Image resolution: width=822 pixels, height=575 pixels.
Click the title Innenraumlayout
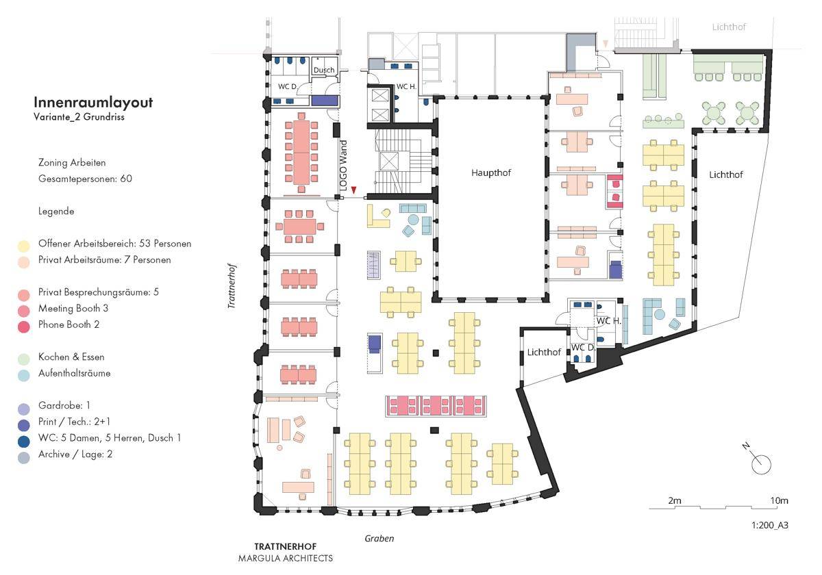tap(93, 102)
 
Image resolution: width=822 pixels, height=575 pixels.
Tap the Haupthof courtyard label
tap(491, 172)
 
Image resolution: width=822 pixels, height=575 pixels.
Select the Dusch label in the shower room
tap(324, 70)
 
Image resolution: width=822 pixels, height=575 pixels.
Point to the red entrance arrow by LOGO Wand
tap(353, 190)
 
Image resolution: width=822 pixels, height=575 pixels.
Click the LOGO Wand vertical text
tap(343, 166)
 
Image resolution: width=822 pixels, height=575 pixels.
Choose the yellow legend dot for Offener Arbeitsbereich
tap(24, 246)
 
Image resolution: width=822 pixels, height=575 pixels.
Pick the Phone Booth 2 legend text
tap(68, 324)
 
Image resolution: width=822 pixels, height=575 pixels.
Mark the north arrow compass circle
tap(761, 465)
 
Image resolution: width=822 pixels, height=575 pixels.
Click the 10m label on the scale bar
tap(779, 500)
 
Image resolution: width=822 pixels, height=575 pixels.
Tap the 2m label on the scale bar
tap(675, 500)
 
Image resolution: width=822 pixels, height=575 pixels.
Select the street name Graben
tap(379, 538)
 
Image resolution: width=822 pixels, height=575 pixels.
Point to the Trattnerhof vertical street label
tap(232, 285)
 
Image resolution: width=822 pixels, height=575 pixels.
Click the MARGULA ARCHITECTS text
tap(286, 558)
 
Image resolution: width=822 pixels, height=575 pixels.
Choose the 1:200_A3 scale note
tap(770, 525)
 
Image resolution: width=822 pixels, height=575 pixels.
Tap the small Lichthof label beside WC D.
tap(544, 352)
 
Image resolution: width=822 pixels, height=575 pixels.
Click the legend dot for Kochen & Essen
tap(24, 359)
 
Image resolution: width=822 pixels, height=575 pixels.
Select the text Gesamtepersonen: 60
tap(85, 179)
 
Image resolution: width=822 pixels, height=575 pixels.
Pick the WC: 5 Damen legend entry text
tap(110, 438)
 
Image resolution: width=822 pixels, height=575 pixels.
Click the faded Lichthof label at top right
tap(729, 27)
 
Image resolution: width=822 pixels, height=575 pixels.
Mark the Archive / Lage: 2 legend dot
tap(24, 458)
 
